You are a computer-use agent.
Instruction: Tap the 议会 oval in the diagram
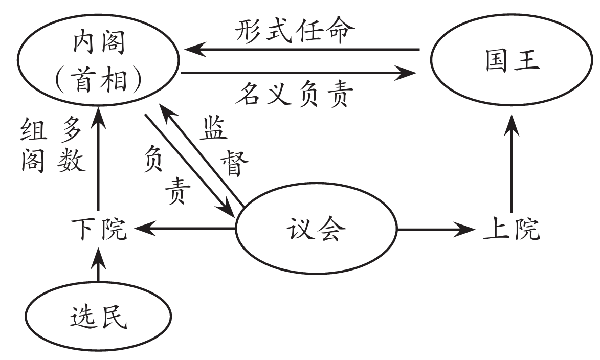pyautogui.click(x=316, y=230)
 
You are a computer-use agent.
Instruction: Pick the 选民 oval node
pyautogui.click(x=97, y=318)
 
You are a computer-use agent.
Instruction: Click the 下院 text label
pyautogui.click(x=99, y=231)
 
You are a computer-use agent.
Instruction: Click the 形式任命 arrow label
pyautogui.click(x=295, y=32)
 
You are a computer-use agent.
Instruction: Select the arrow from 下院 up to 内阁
pyautogui.click(x=98, y=164)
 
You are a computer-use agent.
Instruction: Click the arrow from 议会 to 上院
pyautogui.click(x=435, y=230)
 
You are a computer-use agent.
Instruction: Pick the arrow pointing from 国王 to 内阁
pyautogui.click(x=302, y=50)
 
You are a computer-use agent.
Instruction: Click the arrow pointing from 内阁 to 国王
pyautogui.click(x=302, y=74)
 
